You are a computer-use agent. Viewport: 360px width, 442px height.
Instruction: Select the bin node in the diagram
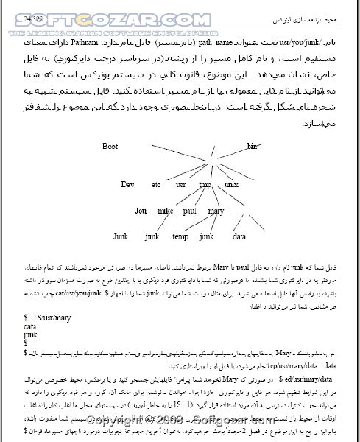pos(253,147)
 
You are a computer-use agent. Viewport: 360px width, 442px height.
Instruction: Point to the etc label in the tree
pos(155,184)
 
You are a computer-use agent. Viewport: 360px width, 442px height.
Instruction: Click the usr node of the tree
pos(181,184)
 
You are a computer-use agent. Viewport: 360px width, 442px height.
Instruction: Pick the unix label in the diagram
pos(231,184)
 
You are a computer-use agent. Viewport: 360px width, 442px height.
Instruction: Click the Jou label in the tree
pos(141,211)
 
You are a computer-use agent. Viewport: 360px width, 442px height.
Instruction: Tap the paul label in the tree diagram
pos(190,211)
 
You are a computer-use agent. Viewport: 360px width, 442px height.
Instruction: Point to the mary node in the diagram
pos(216,211)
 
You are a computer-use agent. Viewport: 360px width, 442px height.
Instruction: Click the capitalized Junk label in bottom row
pos(121,236)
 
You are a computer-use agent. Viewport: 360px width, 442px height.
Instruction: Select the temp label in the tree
pos(180,236)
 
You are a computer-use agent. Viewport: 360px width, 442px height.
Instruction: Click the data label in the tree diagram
pos(239,236)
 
